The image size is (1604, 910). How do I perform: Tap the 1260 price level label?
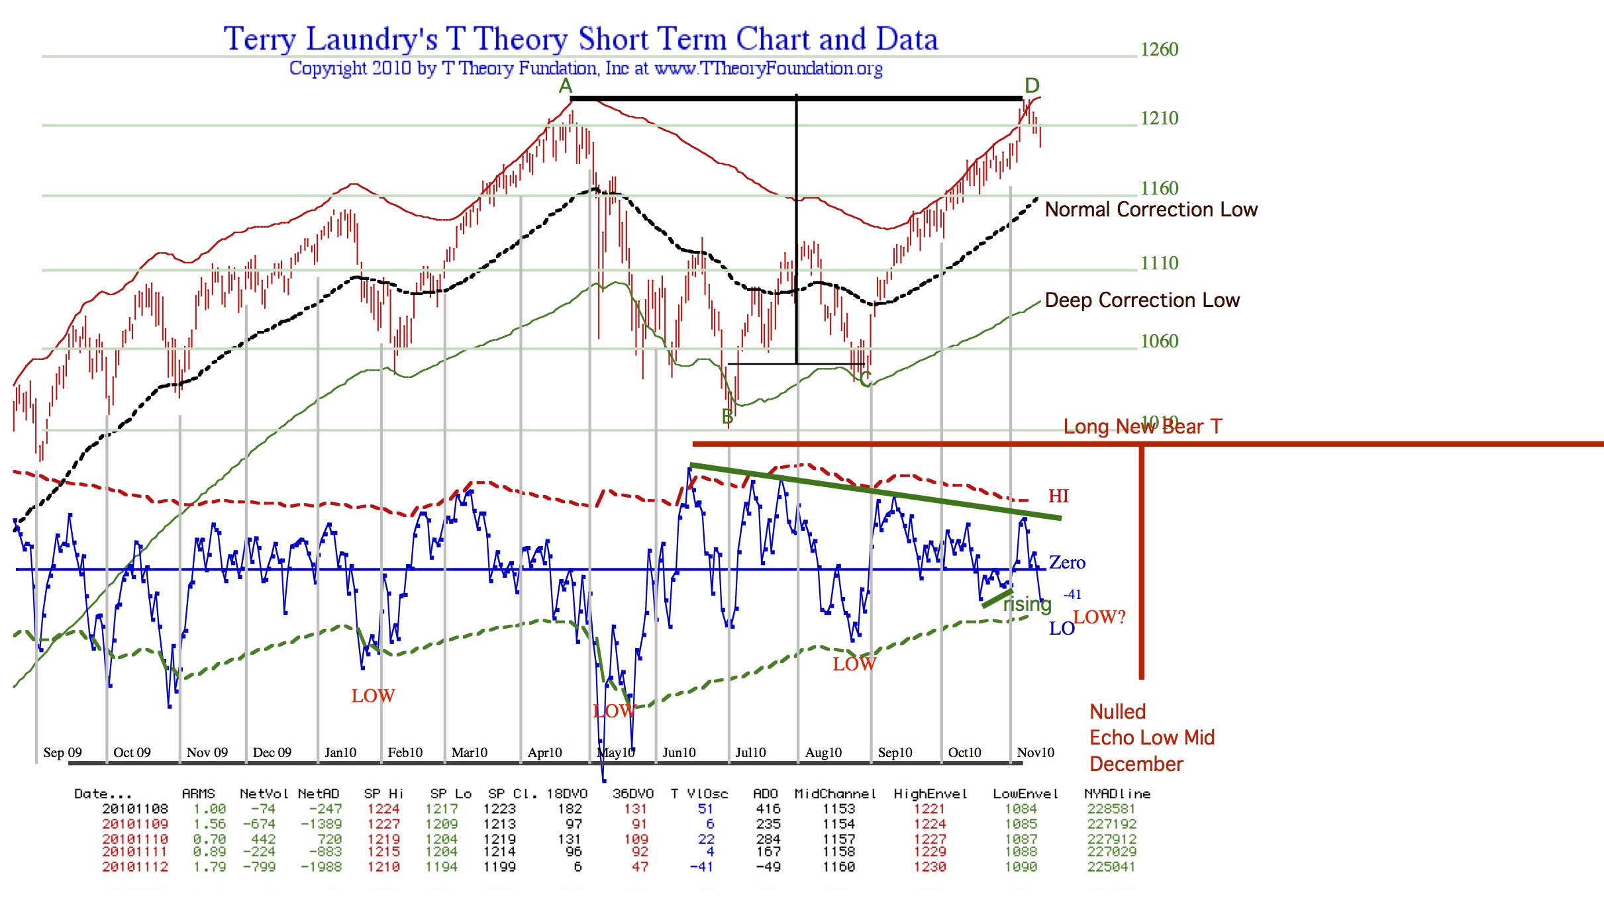(1159, 50)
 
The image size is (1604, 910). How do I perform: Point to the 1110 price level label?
(1159, 263)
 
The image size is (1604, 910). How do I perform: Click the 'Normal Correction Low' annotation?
(1151, 210)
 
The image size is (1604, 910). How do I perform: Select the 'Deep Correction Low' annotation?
(1142, 300)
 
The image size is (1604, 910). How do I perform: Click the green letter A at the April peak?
(565, 86)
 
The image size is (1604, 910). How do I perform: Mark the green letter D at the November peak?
(1032, 85)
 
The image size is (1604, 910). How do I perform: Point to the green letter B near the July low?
(727, 417)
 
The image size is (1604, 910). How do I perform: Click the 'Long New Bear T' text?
(1142, 427)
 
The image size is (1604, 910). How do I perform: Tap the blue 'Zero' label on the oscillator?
(1067, 563)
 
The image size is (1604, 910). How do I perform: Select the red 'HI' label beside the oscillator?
(1058, 496)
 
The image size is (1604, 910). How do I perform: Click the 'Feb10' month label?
(405, 752)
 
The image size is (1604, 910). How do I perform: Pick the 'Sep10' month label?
(895, 752)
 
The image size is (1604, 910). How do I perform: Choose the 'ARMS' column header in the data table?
(198, 794)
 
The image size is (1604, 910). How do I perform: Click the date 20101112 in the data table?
(135, 867)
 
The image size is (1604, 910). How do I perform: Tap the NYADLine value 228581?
(1111, 809)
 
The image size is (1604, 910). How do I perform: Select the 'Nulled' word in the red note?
(1117, 712)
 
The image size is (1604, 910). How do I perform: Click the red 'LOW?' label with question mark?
(1099, 617)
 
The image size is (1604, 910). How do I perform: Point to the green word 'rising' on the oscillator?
(1027, 604)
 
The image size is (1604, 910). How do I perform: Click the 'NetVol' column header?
(264, 794)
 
